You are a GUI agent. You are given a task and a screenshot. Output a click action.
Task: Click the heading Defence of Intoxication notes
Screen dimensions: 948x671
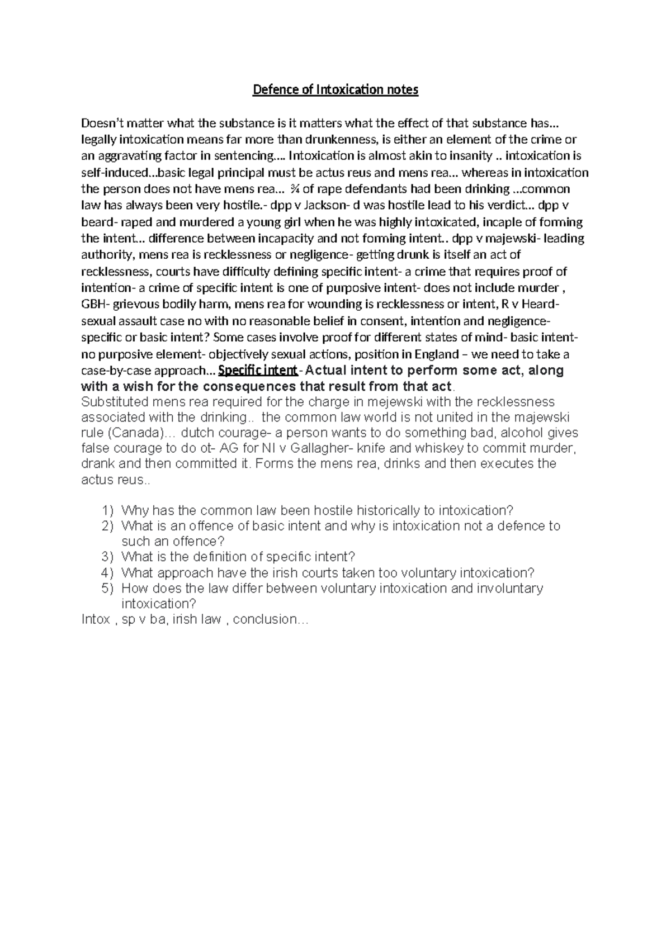coord(335,90)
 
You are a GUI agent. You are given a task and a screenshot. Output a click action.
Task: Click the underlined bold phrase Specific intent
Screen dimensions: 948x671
coord(258,370)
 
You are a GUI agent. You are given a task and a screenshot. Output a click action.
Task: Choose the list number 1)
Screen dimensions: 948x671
coord(107,510)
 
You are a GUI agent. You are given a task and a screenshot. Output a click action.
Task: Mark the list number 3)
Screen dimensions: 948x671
coord(107,557)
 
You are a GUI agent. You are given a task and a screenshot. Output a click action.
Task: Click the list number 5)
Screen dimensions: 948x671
coord(107,588)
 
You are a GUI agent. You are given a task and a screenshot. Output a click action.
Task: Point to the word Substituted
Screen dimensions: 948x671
coord(114,402)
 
